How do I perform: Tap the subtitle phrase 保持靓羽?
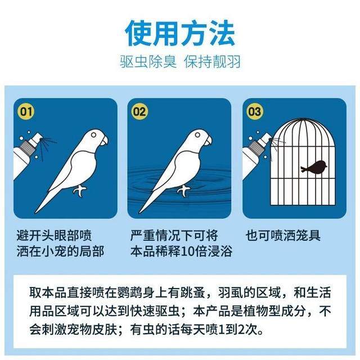pos(213,61)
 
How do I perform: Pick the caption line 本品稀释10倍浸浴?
pos(181,250)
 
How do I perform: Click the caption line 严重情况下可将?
pos(174,235)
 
